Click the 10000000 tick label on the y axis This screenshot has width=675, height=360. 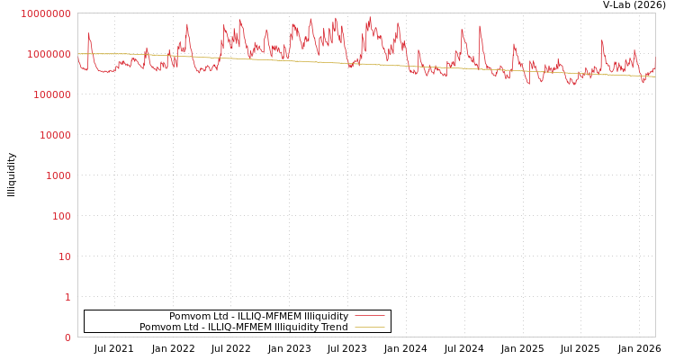(x=45, y=13)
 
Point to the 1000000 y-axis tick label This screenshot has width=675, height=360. (x=49, y=54)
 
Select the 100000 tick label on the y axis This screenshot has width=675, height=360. (x=51, y=94)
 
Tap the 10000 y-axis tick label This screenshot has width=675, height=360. (x=54, y=135)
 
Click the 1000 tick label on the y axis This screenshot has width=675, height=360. (x=58, y=175)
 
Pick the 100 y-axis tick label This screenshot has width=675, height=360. (x=60, y=216)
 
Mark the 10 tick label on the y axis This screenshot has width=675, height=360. (x=64, y=256)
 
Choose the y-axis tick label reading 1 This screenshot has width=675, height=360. (x=67, y=297)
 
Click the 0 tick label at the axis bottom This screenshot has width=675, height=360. (x=67, y=337)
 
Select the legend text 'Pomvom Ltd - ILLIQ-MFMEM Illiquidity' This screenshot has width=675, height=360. (x=258, y=316)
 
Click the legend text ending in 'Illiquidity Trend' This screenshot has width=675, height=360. (x=243, y=327)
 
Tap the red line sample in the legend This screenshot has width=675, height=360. (x=370, y=316)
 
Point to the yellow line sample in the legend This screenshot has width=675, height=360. (x=370, y=327)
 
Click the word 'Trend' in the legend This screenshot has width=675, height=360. (x=334, y=327)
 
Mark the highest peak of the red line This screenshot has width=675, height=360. (x=369, y=16)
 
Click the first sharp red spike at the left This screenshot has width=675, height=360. (x=88, y=34)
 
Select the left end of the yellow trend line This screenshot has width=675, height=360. (x=78, y=54)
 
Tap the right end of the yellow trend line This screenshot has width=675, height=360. (x=654, y=76)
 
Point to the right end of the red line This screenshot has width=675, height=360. (x=654, y=61)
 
